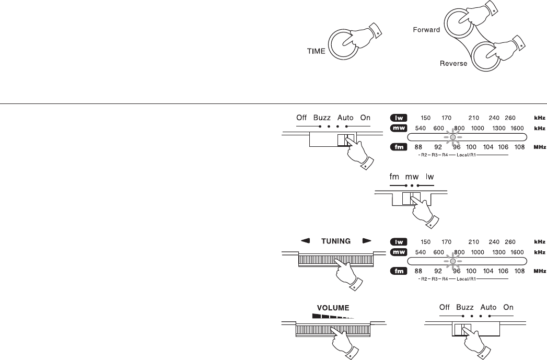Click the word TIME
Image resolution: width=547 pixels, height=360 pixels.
pyautogui.click(x=316, y=51)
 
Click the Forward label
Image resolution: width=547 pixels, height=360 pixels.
pyautogui.click(x=426, y=30)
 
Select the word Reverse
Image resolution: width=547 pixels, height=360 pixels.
pyautogui.click(x=453, y=64)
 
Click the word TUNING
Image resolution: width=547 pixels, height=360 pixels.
pyautogui.click(x=335, y=241)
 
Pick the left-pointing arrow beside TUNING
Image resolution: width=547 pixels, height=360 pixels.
pyautogui.click(x=305, y=240)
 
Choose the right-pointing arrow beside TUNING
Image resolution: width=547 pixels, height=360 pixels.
pyautogui.click(x=367, y=240)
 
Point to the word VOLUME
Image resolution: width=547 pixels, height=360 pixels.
pyautogui.click(x=333, y=308)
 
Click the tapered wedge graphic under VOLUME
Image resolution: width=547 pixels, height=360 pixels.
pyautogui.click(x=333, y=316)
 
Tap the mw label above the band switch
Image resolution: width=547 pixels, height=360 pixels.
pyautogui.click(x=412, y=177)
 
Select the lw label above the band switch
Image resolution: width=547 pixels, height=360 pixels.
pyautogui.click(x=429, y=177)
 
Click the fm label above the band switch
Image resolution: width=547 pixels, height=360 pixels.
pyautogui.click(x=394, y=177)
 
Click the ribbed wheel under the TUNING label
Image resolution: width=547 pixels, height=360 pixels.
pyautogui.click(x=335, y=260)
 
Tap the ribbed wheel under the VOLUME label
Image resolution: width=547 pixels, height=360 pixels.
pyautogui.click(x=333, y=329)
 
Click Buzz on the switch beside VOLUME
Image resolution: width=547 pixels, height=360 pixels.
pyautogui.click(x=464, y=307)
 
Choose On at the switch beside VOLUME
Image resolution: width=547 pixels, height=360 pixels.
pyautogui.click(x=508, y=307)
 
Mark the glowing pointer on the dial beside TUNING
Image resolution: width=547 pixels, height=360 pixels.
pyautogui.click(x=453, y=261)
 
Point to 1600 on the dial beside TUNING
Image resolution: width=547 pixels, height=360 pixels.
pyautogui.click(x=517, y=252)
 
